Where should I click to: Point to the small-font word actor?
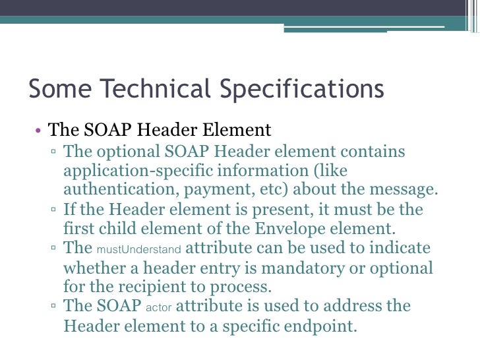pos(158,307)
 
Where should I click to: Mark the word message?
pos(402,190)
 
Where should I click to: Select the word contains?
pos(373,152)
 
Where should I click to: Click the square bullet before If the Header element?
pos(53,210)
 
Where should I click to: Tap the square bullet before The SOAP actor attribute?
pos(53,307)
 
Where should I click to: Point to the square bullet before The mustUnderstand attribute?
pos(53,249)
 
